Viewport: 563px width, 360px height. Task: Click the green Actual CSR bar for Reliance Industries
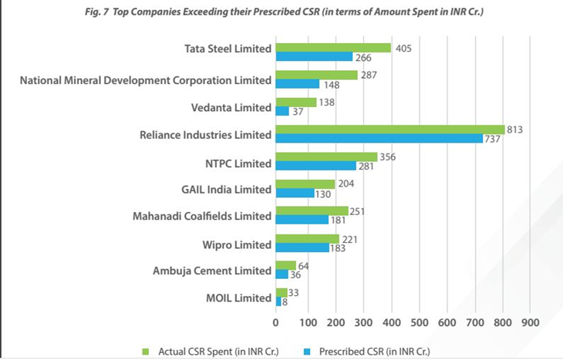[389, 130]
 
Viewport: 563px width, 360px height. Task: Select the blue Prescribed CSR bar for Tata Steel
[314, 57]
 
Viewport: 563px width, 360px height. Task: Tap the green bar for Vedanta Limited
[296, 103]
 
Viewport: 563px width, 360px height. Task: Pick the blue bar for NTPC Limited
[316, 166]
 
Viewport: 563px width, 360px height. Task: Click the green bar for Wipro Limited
[307, 239]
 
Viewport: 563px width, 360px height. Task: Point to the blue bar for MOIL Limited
[278, 302]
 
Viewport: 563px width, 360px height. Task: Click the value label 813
[515, 130]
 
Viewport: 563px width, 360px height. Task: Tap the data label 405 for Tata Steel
[402, 48]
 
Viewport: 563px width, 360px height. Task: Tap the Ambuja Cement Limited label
[213, 271]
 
